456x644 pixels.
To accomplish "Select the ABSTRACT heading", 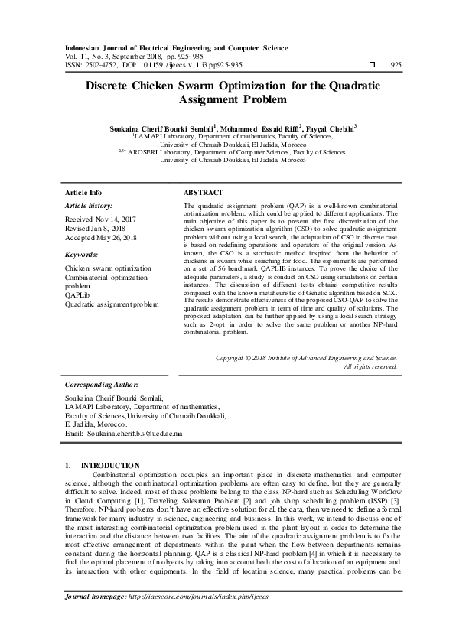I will tap(204, 193).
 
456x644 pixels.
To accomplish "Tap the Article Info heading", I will tap(83, 193).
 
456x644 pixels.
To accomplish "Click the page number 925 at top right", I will tap(396, 65).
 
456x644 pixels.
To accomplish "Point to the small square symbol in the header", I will tap(372, 65).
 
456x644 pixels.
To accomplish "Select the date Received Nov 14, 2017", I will tap(98, 219).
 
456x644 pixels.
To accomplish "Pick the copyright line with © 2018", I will tap(306, 357).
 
